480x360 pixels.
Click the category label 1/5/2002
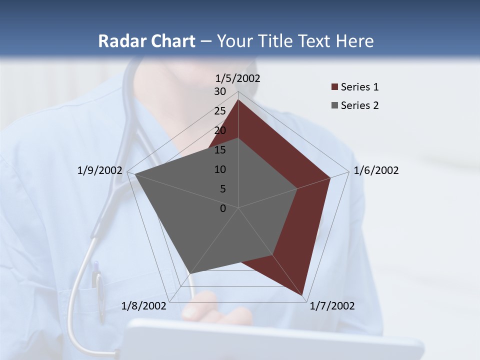point(238,78)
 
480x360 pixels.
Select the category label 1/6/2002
point(376,170)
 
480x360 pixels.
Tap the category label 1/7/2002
point(332,306)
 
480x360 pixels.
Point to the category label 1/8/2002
point(144,306)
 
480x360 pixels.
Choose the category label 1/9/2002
point(100,170)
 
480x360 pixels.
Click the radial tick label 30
point(220,91)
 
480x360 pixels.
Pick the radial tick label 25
point(220,111)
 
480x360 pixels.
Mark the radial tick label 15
point(220,150)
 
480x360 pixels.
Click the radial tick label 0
point(223,208)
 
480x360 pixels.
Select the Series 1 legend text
point(359,87)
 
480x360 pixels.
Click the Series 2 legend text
point(359,105)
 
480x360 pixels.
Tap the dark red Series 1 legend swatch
point(334,87)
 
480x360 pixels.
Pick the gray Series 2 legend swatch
point(334,105)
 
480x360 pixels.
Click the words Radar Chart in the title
point(146,41)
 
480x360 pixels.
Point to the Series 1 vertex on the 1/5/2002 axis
point(238,99)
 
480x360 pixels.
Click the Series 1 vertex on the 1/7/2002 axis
point(303,296)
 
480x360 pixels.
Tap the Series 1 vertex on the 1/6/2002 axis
point(330,177)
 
